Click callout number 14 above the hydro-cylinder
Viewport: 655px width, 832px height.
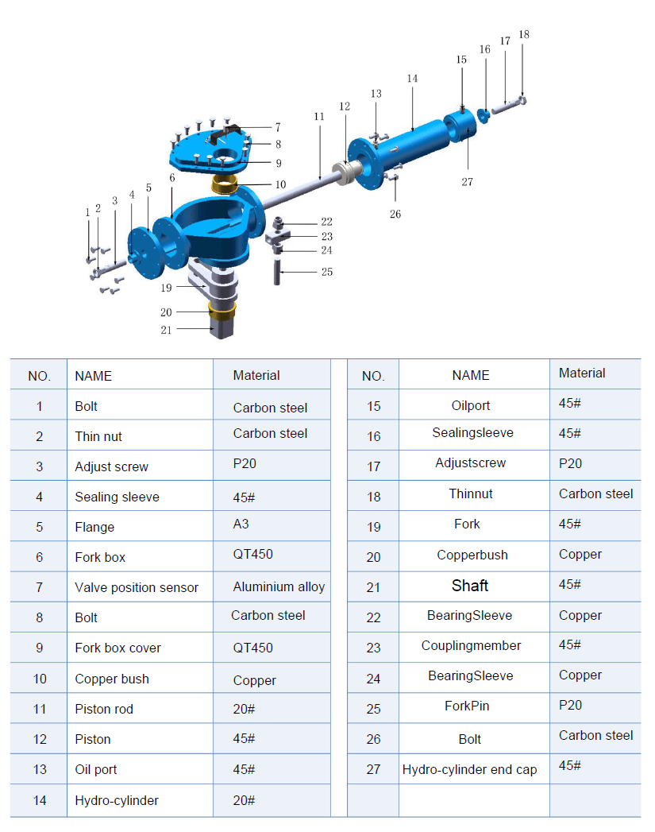click(x=411, y=79)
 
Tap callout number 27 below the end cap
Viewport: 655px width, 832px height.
click(x=467, y=182)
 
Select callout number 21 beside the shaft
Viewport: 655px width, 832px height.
click(x=166, y=330)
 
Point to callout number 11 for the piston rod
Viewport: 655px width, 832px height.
click(x=318, y=116)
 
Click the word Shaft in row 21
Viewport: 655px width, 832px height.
click(x=470, y=586)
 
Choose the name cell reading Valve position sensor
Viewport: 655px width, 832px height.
click(x=136, y=588)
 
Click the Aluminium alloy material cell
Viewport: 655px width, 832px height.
click(x=279, y=587)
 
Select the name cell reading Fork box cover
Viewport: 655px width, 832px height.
click(x=118, y=648)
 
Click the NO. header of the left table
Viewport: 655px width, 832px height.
click(x=40, y=376)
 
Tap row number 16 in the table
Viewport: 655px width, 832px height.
click(x=373, y=436)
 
